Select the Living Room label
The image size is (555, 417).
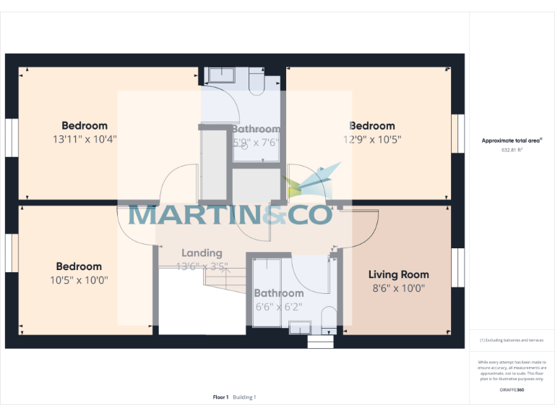[398, 274]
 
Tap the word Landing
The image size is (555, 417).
[202, 253]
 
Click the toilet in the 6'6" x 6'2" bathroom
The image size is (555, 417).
[327, 317]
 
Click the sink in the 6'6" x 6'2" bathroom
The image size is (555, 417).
[298, 329]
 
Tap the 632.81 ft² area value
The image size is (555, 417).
[512, 151]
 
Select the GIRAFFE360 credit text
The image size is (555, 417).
[512, 390]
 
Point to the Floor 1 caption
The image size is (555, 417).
[221, 397]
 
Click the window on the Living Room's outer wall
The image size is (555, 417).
[457, 269]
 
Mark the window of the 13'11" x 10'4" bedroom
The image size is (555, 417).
[10, 135]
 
